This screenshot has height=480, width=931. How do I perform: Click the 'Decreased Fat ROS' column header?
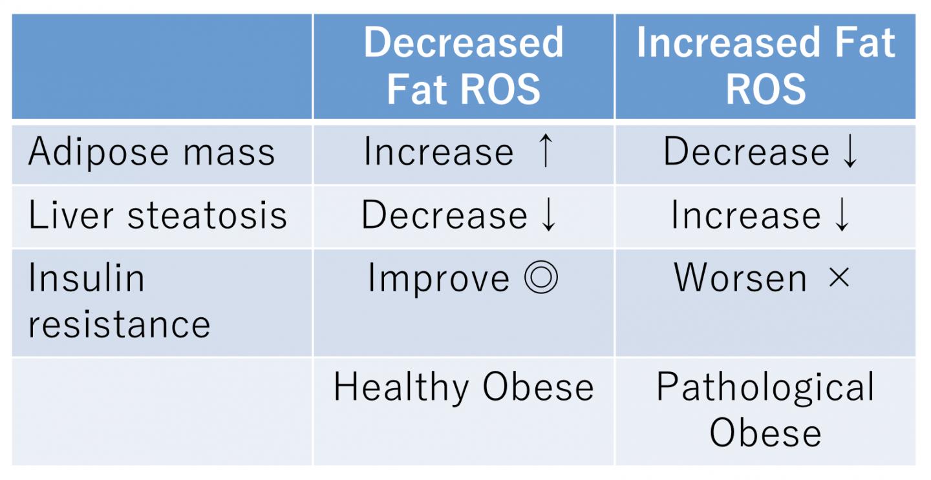(463, 65)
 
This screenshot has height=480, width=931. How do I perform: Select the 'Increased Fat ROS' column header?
(765, 65)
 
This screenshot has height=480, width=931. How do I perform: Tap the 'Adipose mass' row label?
(151, 152)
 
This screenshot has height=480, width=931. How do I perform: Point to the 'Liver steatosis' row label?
(158, 215)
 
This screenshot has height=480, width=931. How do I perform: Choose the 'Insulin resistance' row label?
(120, 301)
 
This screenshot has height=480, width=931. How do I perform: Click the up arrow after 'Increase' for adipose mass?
(545, 152)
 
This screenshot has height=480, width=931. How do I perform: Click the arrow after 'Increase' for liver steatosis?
(842, 215)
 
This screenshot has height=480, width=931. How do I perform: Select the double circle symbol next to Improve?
(540, 279)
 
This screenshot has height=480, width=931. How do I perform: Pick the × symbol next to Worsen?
(839, 278)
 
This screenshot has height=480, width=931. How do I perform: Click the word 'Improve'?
(438, 279)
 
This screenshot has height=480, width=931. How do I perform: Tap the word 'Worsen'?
(741, 278)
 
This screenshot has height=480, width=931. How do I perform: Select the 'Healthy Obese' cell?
(463, 388)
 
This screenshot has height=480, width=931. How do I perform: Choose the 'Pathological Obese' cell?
(765, 410)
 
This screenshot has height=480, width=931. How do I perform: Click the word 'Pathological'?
(765, 388)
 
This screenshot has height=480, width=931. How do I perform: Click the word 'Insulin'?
(86, 278)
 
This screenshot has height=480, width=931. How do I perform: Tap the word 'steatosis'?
(207, 215)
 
